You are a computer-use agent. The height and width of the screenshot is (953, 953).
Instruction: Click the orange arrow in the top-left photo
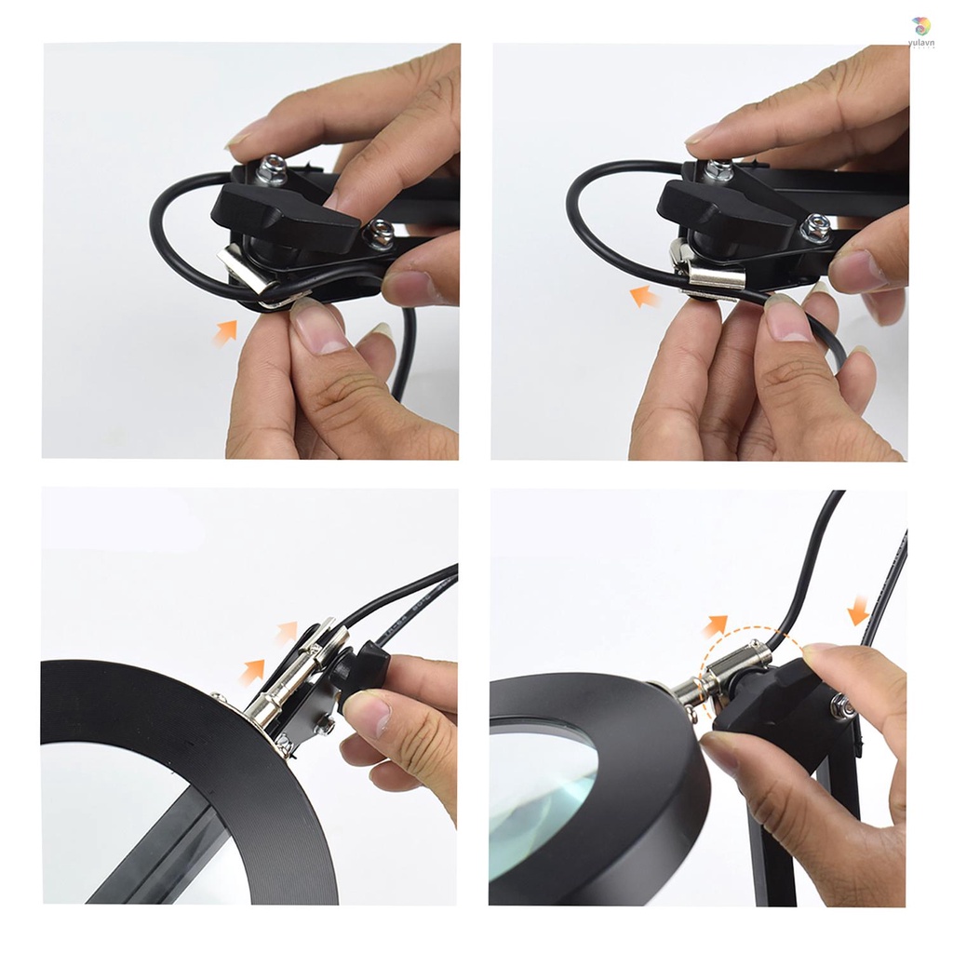click(224, 332)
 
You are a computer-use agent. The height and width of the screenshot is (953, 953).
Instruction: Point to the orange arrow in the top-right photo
click(644, 297)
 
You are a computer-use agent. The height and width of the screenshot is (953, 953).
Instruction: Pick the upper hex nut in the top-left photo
click(274, 170)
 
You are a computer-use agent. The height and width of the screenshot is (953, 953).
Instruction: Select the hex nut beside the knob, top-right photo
click(815, 228)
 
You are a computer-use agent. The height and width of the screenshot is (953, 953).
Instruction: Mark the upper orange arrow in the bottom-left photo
click(287, 633)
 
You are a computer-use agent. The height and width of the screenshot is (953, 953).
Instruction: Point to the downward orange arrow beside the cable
click(858, 611)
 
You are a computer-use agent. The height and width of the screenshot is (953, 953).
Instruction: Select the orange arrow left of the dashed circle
click(715, 625)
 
